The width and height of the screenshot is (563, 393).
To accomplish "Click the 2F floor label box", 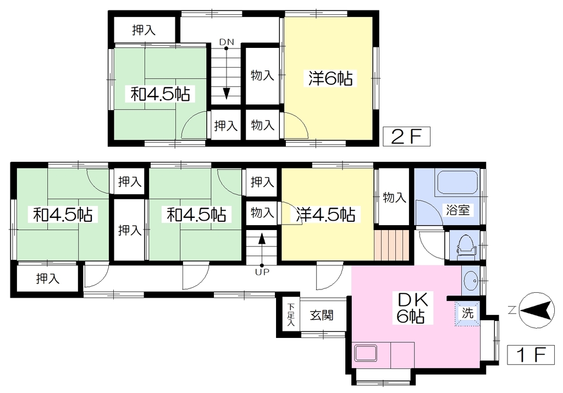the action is coord(406,137).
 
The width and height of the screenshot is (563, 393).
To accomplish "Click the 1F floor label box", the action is coord(531,355).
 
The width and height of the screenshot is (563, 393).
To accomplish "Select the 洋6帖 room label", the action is coord(330,78).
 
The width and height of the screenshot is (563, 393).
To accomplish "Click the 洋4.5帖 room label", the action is coord(326,214).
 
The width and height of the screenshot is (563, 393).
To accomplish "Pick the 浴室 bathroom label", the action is coord(458,210).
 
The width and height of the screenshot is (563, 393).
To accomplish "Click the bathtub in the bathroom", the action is coord(457,183).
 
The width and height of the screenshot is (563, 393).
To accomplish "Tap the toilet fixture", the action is coord(466,246).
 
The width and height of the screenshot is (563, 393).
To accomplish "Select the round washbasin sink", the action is coord(471,280).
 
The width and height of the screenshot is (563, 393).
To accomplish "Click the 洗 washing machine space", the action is coord(467,313).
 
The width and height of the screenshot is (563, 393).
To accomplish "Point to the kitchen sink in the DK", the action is coord(366,353).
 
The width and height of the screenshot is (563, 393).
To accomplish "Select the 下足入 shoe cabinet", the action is coord(290,315).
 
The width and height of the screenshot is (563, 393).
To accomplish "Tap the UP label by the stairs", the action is coord(262,272).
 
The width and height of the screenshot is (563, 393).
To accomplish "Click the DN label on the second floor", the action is coord(227,42).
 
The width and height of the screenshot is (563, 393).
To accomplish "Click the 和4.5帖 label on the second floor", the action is coord(160,94).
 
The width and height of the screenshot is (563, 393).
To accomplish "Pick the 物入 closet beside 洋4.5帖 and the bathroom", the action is coord(394,198).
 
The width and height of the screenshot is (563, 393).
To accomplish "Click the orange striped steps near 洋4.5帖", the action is coord(391,245).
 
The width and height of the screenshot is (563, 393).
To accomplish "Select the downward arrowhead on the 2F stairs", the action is coord(226,94).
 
